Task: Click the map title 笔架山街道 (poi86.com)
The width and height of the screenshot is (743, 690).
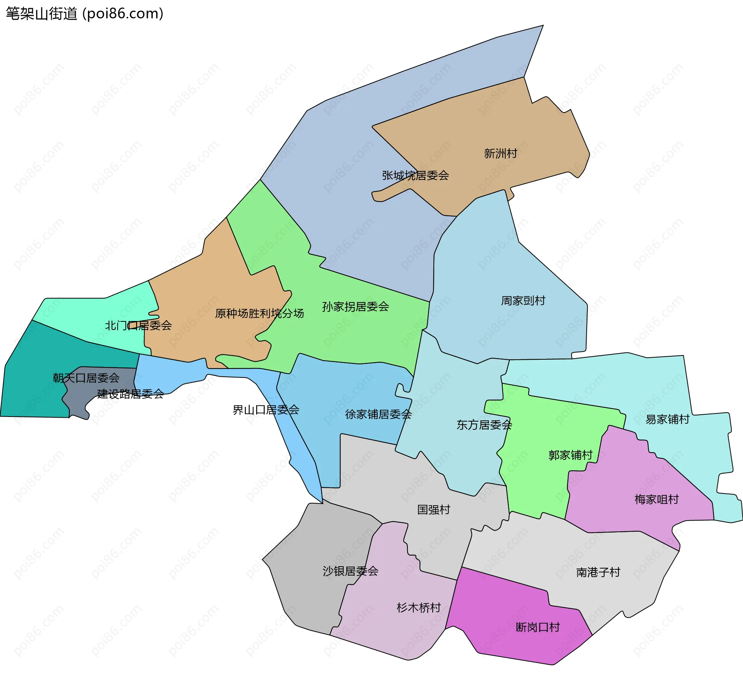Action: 84,14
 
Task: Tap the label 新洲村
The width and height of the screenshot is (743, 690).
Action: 500,154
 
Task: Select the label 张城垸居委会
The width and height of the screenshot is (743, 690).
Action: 415,176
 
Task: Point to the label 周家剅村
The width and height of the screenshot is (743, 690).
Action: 523,301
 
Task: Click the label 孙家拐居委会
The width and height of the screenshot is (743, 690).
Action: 355,307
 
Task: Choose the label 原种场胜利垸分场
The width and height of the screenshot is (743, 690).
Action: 259,313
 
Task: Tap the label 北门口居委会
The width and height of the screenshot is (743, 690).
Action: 138,326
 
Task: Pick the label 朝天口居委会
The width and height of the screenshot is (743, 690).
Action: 86,378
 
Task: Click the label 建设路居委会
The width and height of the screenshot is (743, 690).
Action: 130,394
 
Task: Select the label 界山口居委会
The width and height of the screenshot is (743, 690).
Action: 266,410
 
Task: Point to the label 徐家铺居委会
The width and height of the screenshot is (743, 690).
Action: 378,415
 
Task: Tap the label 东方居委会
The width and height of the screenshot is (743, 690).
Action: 484,425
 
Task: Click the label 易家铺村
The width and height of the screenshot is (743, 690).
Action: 667,419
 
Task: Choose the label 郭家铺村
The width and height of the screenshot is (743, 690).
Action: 570,455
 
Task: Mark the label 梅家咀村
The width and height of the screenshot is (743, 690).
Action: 656,500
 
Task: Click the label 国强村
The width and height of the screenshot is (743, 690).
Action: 433,510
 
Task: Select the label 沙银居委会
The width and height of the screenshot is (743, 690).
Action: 350,571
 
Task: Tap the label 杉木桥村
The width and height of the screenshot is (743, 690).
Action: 418,608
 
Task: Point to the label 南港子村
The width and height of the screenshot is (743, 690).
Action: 598,572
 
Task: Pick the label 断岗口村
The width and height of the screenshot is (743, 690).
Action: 538,627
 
